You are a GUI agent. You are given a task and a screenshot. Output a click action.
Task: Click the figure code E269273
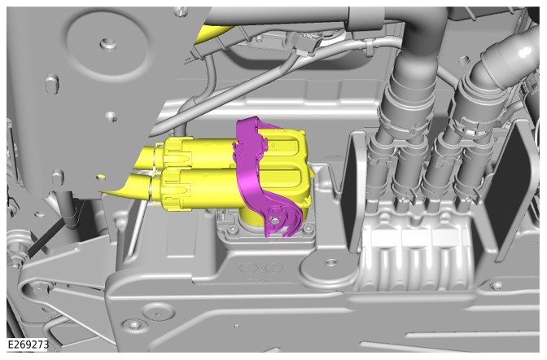tap(28, 345)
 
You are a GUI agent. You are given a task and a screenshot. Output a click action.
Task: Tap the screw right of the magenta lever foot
tap(308, 228)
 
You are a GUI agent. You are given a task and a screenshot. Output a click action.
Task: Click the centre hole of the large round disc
tap(106, 44)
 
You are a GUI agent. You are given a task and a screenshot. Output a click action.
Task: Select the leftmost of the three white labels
tap(385, 239)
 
